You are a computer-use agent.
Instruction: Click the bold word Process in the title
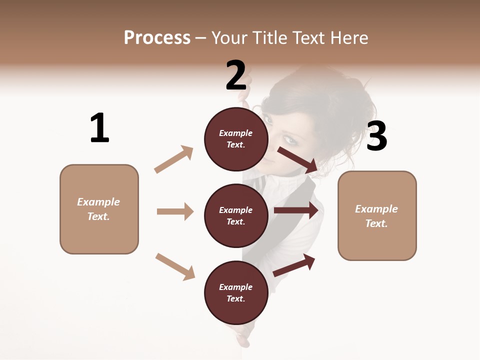[157, 38]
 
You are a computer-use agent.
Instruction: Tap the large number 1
[99, 128]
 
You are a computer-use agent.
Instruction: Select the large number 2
[235, 75]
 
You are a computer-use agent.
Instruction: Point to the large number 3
[376, 136]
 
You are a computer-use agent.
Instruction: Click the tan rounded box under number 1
[99, 209]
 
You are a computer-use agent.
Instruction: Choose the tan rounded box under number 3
[377, 215]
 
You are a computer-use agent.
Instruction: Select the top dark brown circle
[236, 139]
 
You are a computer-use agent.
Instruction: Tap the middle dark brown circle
[236, 215]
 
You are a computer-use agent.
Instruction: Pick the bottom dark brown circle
[236, 292]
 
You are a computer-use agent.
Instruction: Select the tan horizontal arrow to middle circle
[175, 211]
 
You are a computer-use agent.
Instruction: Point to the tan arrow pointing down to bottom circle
[175, 266]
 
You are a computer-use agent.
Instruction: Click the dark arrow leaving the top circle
[298, 159]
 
